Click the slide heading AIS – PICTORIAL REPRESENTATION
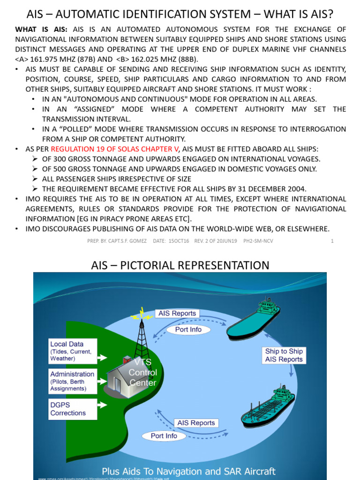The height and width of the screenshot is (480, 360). coord(180,265)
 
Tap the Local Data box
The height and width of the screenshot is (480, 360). coord(73,351)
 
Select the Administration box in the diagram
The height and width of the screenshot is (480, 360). coord(73,381)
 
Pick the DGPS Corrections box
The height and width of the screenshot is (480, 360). coord(73,409)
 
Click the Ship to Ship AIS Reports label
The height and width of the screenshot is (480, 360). coord(284,355)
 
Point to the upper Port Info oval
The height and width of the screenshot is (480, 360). coord(188,330)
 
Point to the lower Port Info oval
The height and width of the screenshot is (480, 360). coord(164,436)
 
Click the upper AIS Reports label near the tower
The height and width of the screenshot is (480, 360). coord(177,313)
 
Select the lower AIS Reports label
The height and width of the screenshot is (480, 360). coord(196,423)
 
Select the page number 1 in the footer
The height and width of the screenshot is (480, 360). coord(332,241)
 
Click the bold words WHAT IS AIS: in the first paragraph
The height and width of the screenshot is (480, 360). coord(41,30)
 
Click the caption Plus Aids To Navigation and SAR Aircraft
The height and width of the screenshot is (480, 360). coord(188,471)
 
